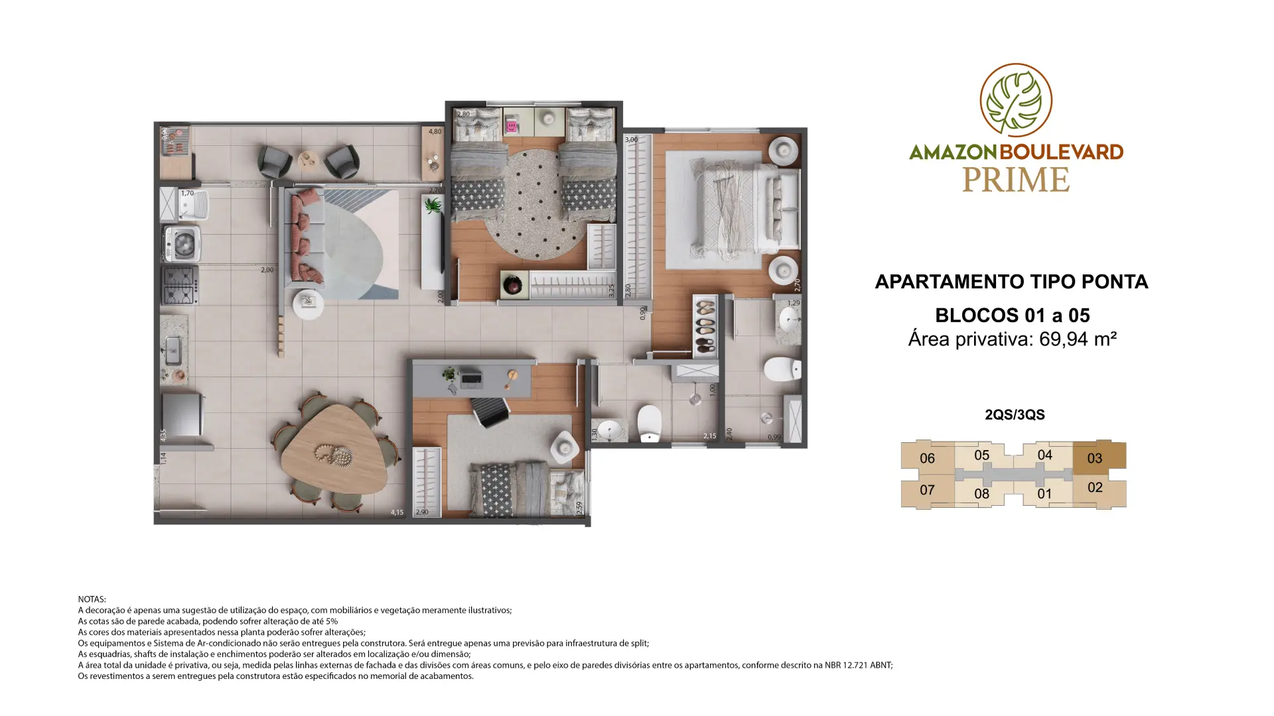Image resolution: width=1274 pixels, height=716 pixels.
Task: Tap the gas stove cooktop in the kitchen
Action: point(179,285)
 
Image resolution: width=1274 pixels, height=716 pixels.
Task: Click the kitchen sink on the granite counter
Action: point(173,350)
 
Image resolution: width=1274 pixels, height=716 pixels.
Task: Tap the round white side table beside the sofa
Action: point(308,305)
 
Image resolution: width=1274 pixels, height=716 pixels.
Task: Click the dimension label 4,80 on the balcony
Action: point(435,131)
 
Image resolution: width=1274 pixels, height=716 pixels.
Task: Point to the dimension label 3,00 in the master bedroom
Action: point(631,140)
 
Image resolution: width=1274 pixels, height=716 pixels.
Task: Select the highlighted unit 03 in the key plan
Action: point(1099,457)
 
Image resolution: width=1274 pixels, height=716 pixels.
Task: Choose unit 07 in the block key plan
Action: point(927,490)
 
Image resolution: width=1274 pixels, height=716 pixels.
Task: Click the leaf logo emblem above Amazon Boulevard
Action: point(1016,100)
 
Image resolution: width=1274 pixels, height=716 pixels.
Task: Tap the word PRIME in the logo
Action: point(1016,180)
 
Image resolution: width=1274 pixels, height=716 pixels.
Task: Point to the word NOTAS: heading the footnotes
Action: point(92,599)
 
